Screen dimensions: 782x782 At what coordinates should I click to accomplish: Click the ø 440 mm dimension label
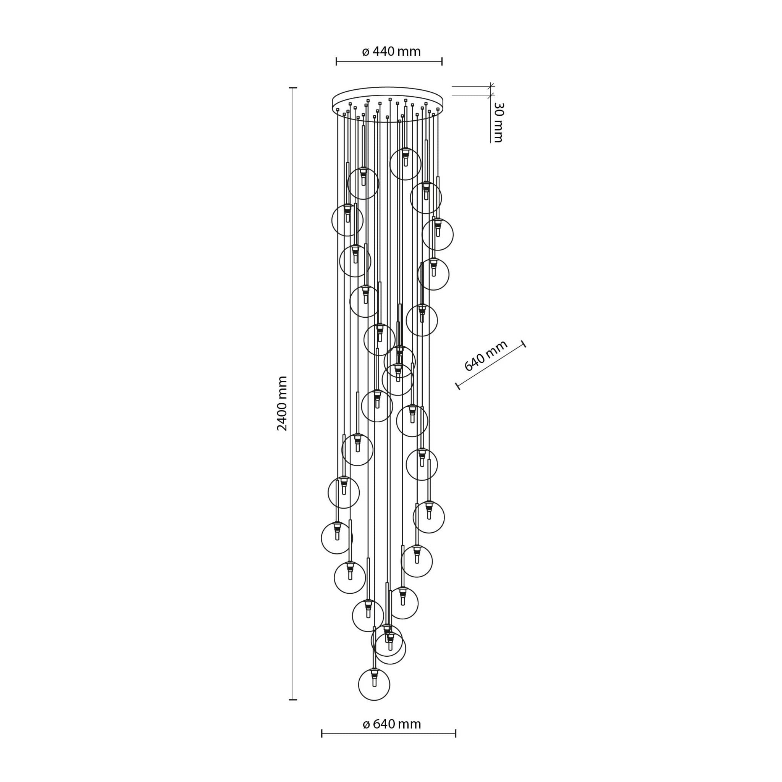pos(391,52)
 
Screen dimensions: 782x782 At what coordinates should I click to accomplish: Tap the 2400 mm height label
pos(282,403)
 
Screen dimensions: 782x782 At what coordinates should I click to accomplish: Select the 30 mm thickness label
pos(498,122)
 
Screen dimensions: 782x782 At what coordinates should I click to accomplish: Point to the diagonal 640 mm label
pos(486,355)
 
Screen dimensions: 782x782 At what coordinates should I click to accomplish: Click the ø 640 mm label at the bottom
pos(392,724)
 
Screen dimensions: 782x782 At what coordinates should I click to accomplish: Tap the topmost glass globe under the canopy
pos(406,164)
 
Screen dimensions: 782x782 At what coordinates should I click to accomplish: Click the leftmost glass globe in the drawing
pos(337,538)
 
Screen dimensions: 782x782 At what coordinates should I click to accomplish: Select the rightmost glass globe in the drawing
pos(438,234)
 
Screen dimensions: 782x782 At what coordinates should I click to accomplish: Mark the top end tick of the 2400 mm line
pos(292,87)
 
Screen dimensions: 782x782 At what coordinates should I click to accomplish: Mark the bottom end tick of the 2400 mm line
pos(292,700)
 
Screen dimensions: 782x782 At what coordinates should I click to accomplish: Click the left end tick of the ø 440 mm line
pos(336,61)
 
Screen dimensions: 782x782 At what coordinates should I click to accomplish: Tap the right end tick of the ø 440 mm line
pos(442,61)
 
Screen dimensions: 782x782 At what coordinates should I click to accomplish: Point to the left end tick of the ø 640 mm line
pos(322,734)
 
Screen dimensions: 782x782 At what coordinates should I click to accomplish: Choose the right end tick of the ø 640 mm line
pos(456,734)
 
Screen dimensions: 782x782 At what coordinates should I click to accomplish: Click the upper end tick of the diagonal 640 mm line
pos(524,344)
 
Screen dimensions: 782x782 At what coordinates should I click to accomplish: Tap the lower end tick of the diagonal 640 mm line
pos(458,386)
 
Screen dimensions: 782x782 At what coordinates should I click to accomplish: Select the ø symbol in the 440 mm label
pos(365,52)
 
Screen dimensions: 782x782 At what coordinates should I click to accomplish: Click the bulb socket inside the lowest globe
pos(374,678)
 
